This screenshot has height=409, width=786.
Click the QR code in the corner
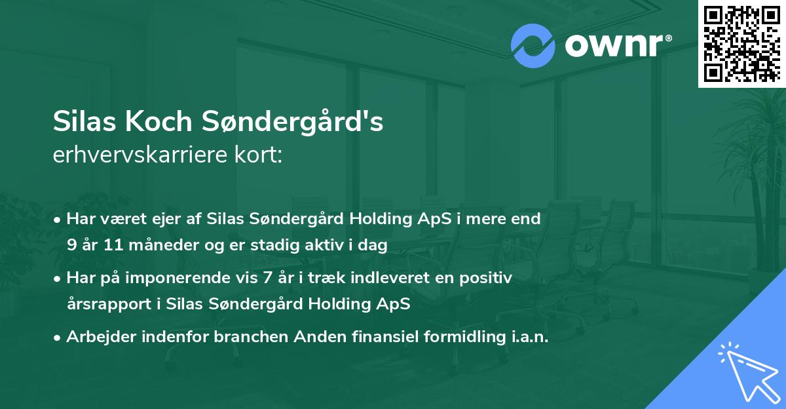(741, 44)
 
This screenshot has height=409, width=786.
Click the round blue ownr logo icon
(533, 46)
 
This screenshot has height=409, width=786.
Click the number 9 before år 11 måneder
(71, 245)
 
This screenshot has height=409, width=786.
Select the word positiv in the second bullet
(488, 278)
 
